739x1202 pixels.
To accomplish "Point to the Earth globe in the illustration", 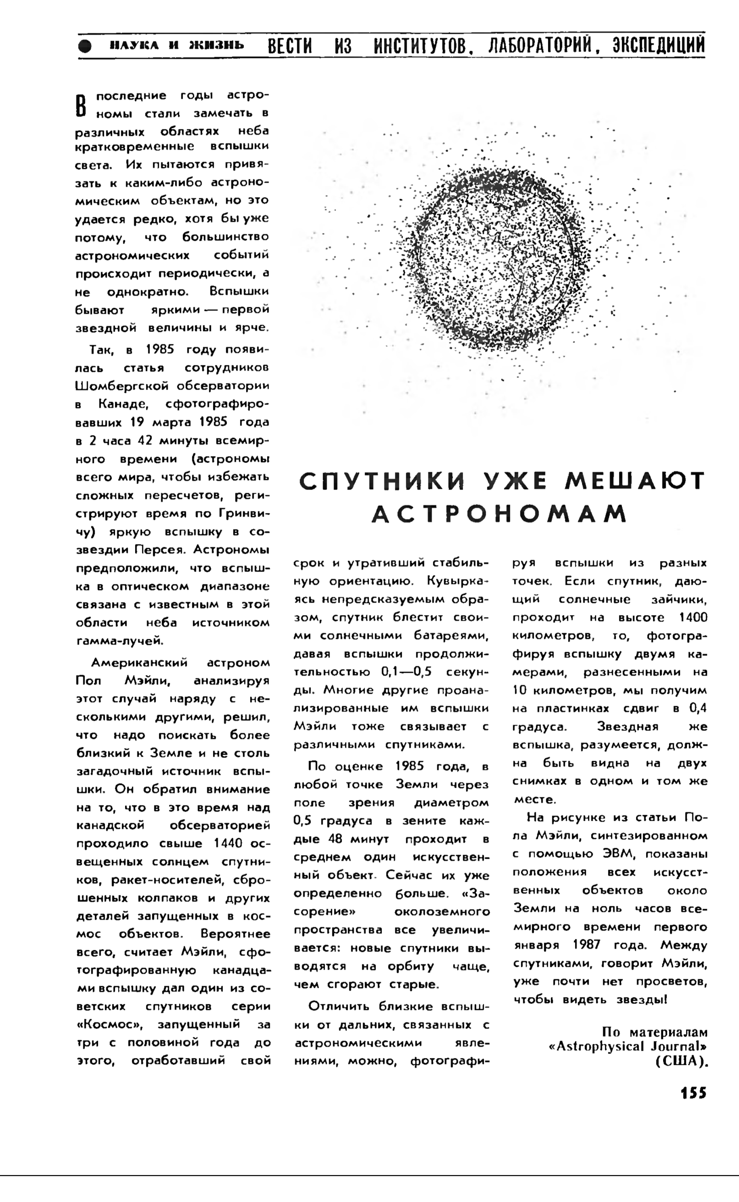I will (x=494, y=259).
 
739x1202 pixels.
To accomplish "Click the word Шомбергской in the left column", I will (x=123, y=386).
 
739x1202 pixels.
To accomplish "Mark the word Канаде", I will (x=123, y=404).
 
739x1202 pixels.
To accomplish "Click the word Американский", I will (x=139, y=663).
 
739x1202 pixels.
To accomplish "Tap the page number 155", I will (x=694, y=1093).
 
